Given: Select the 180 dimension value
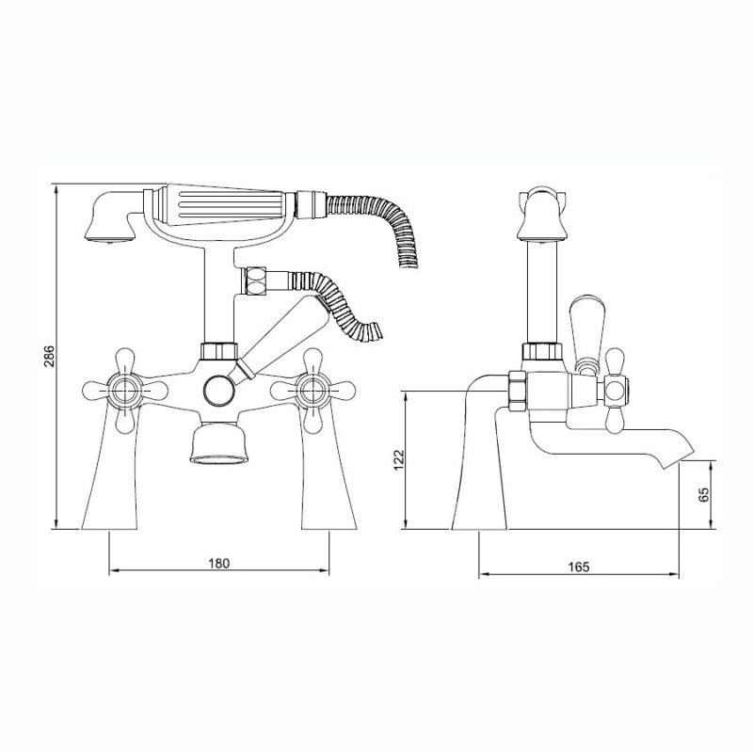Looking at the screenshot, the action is [219, 563].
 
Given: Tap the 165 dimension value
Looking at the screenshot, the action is [578, 567].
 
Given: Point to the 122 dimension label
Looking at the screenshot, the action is [399, 459].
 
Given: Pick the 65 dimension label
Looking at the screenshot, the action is [702, 494].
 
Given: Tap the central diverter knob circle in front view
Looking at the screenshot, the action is [219, 390].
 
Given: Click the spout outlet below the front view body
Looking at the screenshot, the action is [219, 442].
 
